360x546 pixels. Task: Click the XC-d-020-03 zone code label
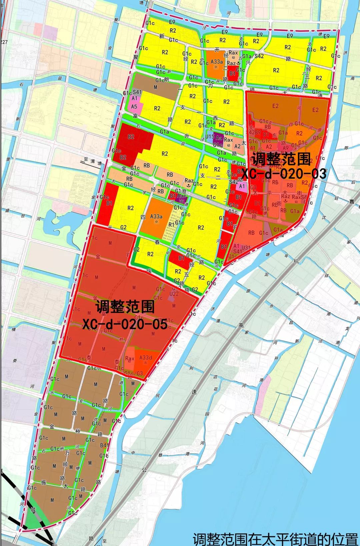283,174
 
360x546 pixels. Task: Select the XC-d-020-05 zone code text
125,324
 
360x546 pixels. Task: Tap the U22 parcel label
174,294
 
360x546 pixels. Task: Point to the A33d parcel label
146,358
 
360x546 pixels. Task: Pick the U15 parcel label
210,137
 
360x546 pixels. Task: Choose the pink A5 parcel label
134,106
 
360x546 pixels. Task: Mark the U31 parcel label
246,247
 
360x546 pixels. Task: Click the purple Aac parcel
181,196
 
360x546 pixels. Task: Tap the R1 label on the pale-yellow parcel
171,224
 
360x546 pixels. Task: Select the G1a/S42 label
253,56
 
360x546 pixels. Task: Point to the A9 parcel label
285,148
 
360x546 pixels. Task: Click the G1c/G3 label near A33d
133,373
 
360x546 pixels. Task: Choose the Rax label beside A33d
130,359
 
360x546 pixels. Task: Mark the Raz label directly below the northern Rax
231,63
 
